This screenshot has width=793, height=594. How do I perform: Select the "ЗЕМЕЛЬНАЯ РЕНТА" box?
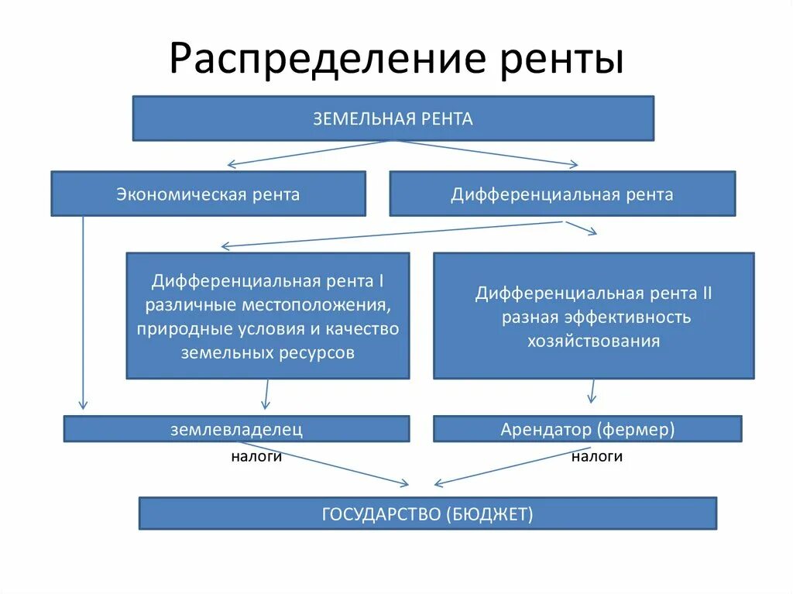[393, 118]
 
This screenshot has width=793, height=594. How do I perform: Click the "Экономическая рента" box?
[208, 194]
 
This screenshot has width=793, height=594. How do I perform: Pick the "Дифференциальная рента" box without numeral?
[562, 194]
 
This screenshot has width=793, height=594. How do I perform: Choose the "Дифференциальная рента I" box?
[267, 315]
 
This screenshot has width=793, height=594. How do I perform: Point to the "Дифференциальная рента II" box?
[593, 315]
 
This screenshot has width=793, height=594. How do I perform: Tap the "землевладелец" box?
[236, 429]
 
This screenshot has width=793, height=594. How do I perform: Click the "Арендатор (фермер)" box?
[587, 429]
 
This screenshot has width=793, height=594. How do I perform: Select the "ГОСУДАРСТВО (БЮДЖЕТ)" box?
[427, 513]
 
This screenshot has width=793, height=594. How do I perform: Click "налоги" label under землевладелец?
[256, 457]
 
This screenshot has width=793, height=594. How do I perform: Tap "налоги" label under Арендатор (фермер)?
[597, 457]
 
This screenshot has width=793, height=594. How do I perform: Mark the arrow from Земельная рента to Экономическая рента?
[310, 153]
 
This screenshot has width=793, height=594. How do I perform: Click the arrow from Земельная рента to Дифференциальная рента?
[488, 153]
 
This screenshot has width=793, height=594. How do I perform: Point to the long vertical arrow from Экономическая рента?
[83, 310]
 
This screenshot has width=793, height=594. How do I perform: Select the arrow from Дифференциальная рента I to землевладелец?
[266, 393]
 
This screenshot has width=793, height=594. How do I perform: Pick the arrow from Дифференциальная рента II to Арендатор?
[592, 390]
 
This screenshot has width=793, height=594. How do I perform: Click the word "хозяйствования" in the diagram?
[593, 341]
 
